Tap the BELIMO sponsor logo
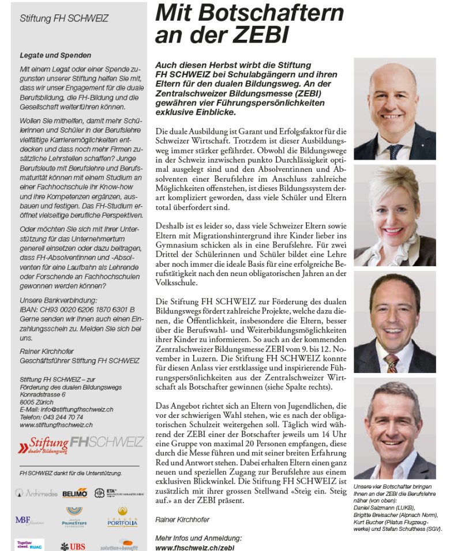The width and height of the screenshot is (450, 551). point(75,493)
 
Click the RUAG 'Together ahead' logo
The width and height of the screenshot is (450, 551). point(29,545)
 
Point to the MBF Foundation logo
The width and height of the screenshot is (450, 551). point(28,520)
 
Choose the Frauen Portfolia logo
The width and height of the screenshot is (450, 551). point(122,518)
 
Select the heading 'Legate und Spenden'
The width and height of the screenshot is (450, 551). point(55,55)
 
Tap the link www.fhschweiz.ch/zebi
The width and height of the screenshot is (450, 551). point(195,546)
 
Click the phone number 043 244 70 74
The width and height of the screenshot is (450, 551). point(51,417)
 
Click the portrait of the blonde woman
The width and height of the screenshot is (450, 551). point(395,215)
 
